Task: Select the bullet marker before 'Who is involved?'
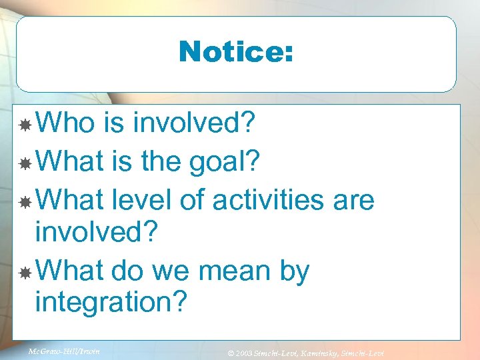click(25, 125)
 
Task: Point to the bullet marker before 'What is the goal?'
click(25, 163)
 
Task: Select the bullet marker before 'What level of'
click(25, 201)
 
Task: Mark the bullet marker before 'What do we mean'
click(25, 272)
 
